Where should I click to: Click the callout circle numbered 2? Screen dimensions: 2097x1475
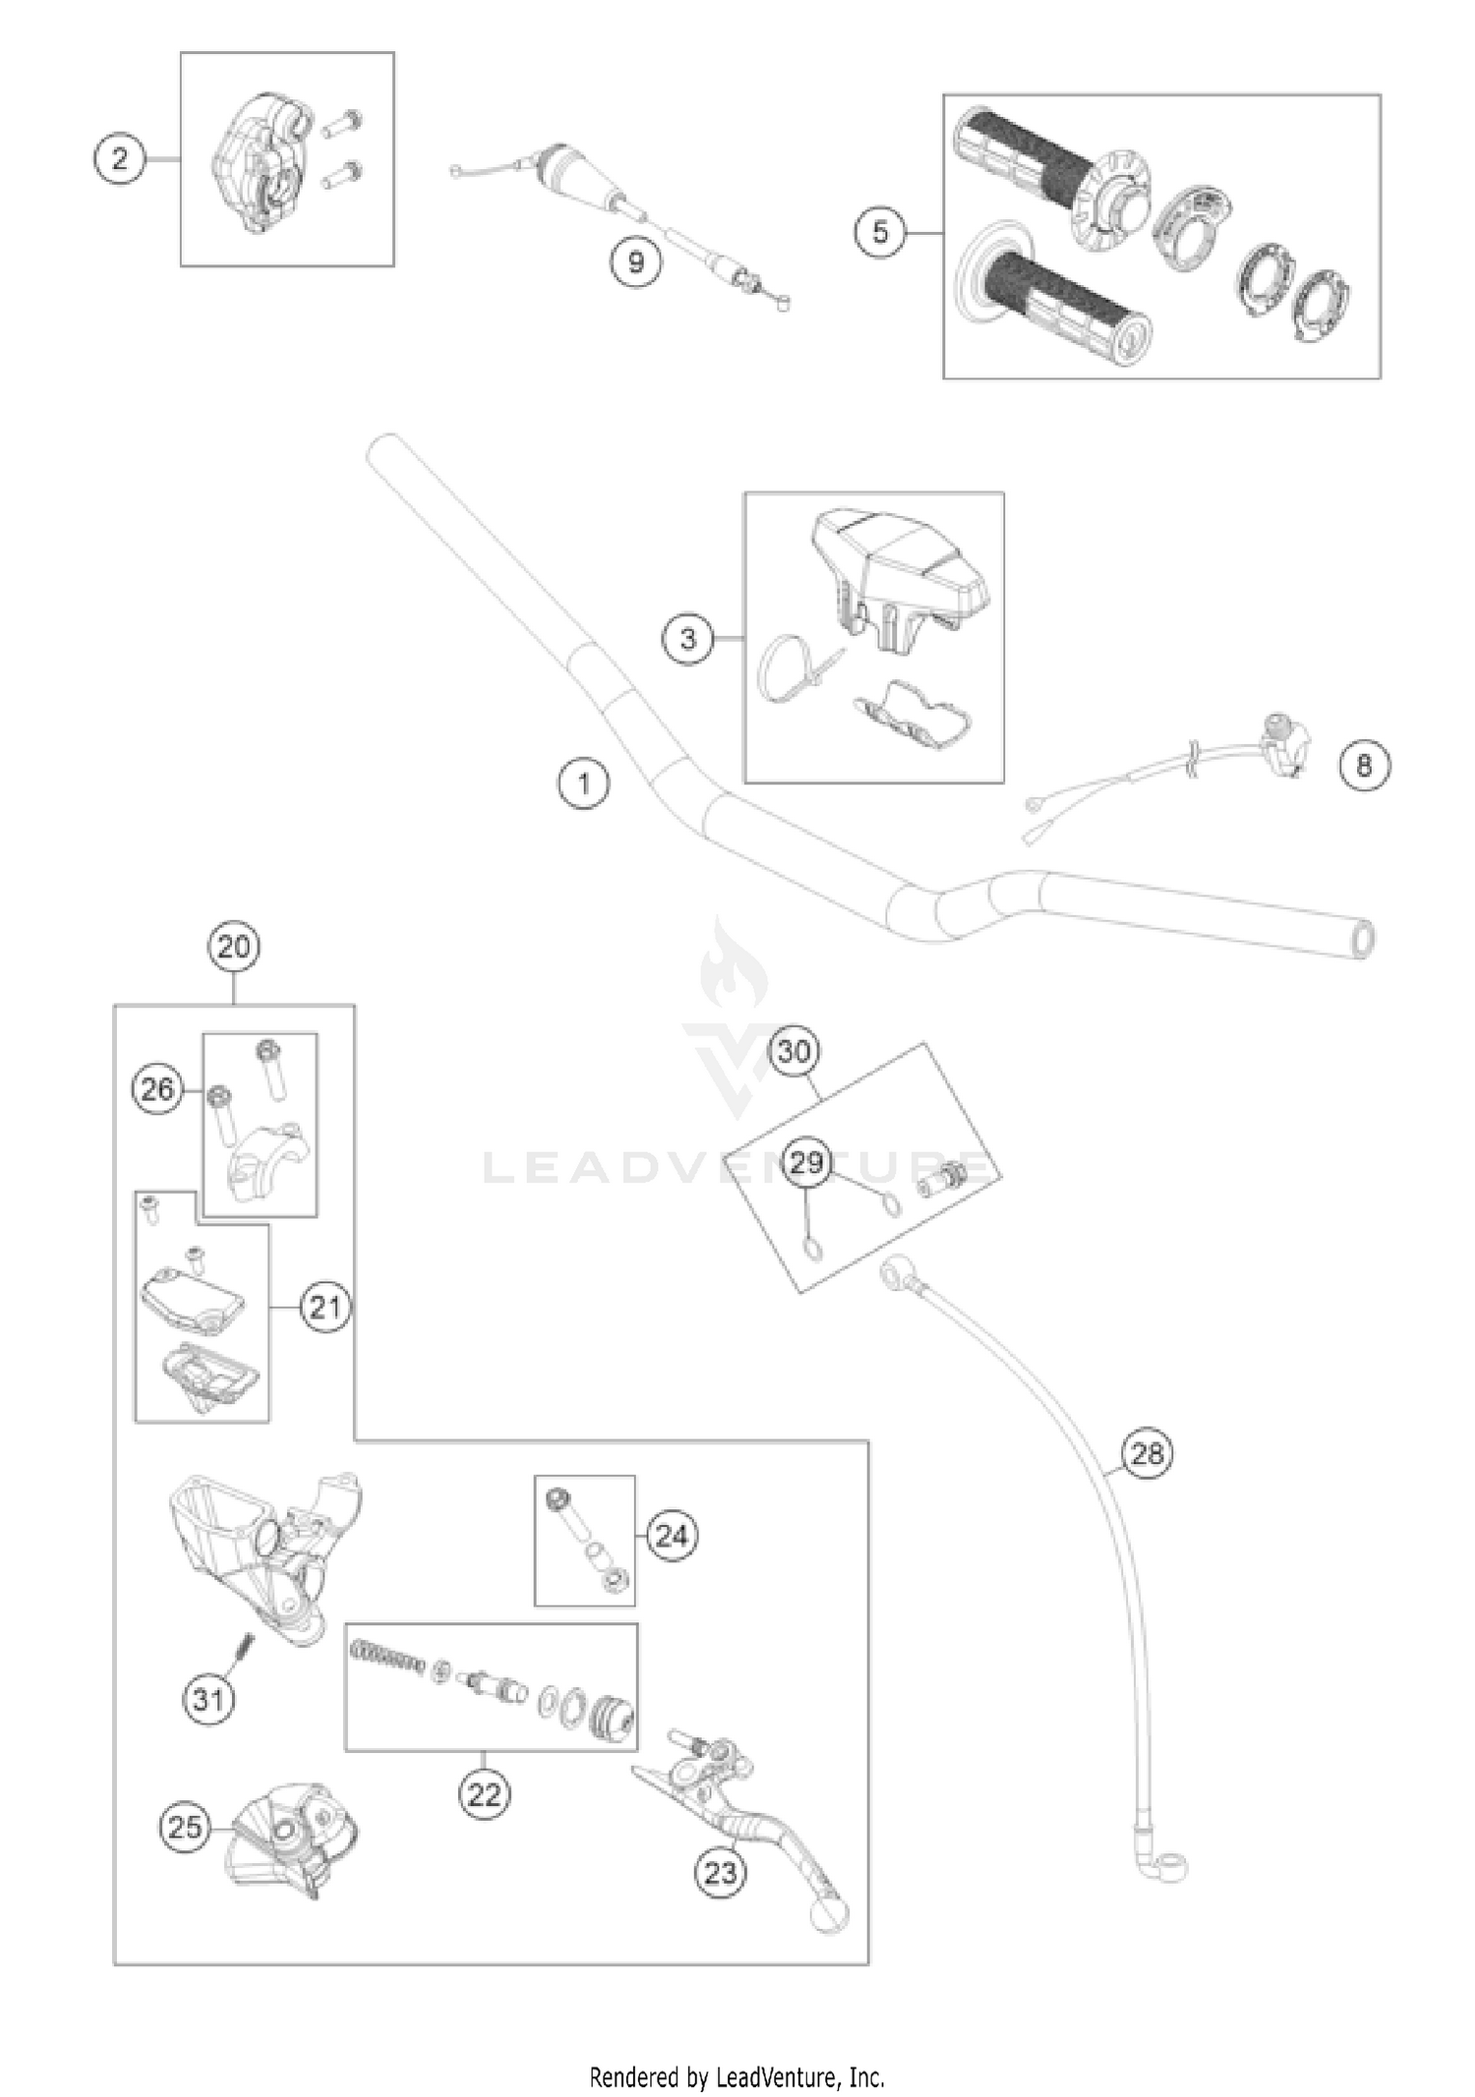pyautogui.click(x=120, y=158)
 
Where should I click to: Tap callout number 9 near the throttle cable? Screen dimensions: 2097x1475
pyautogui.click(x=635, y=262)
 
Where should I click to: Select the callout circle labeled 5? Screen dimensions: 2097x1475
pyautogui.click(x=879, y=233)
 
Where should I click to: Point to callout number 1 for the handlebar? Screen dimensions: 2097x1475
pyautogui.click(x=584, y=784)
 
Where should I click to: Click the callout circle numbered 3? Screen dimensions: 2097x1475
pyautogui.click(x=687, y=639)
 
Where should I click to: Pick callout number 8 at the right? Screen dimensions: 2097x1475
pyautogui.click(x=1364, y=765)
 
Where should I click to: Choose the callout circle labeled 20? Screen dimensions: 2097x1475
pyautogui.click(x=233, y=948)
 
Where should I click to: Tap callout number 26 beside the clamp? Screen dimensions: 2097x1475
pyautogui.click(x=157, y=1089)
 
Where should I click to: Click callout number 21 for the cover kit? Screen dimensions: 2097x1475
pyautogui.click(x=324, y=1308)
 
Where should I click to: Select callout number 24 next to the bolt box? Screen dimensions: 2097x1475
pyautogui.click(x=672, y=1536)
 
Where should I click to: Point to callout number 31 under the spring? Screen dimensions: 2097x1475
pyautogui.click(x=208, y=1699)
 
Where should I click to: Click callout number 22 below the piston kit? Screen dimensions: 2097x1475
pyautogui.click(x=484, y=1795)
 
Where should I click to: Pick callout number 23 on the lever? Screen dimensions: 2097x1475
pyautogui.click(x=720, y=1873)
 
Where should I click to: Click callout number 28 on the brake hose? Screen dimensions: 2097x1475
pyautogui.click(x=1147, y=1453)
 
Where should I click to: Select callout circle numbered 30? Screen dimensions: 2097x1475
pyautogui.click(x=794, y=1052)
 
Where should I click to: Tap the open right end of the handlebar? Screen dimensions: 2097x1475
pyautogui.click(x=1363, y=939)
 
